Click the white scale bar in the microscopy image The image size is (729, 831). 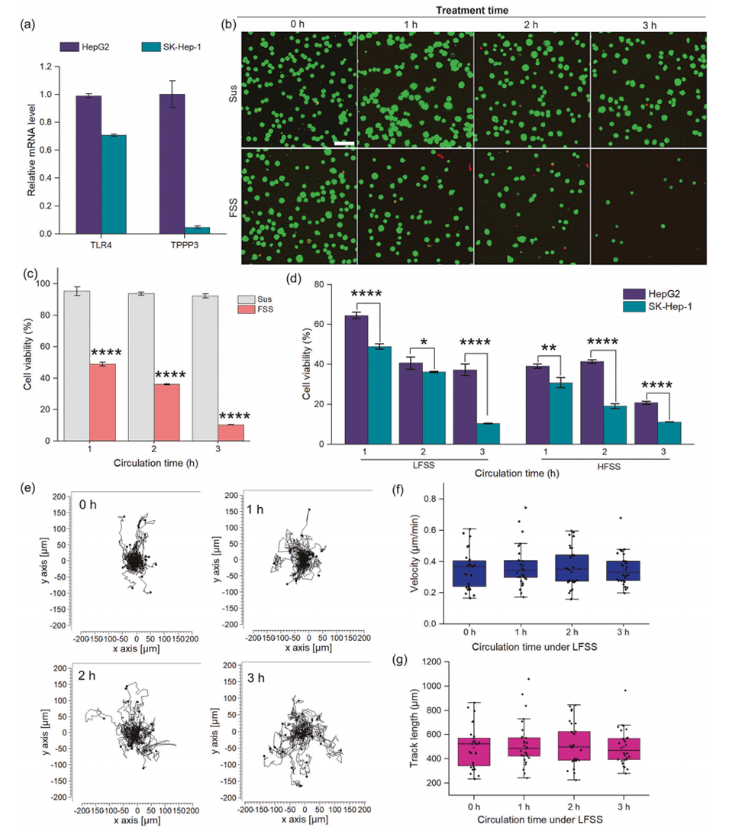coord(344,142)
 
